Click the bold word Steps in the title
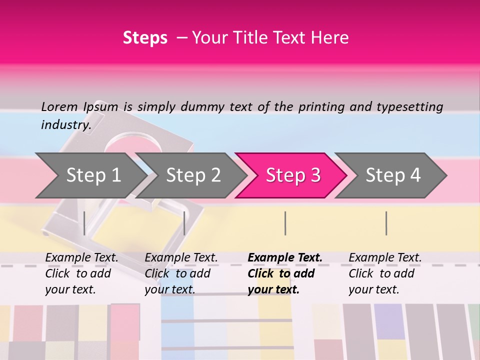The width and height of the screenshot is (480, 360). tap(145, 38)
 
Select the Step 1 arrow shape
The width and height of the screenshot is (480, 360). tap(90, 175)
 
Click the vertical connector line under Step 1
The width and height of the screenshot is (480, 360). tap(84, 223)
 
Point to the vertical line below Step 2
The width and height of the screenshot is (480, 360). tap(184, 223)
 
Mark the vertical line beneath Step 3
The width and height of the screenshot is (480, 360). tap(285, 223)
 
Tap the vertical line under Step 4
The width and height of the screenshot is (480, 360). tap(386, 223)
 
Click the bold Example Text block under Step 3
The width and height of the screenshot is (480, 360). tap(284, 273)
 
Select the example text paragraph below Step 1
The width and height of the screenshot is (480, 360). tap(81, 273)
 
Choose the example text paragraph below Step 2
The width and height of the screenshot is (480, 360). tap(180, 273)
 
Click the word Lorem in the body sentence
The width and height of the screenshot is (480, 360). tap(59, 107)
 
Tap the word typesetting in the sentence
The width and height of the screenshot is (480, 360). tap(409, 107)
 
